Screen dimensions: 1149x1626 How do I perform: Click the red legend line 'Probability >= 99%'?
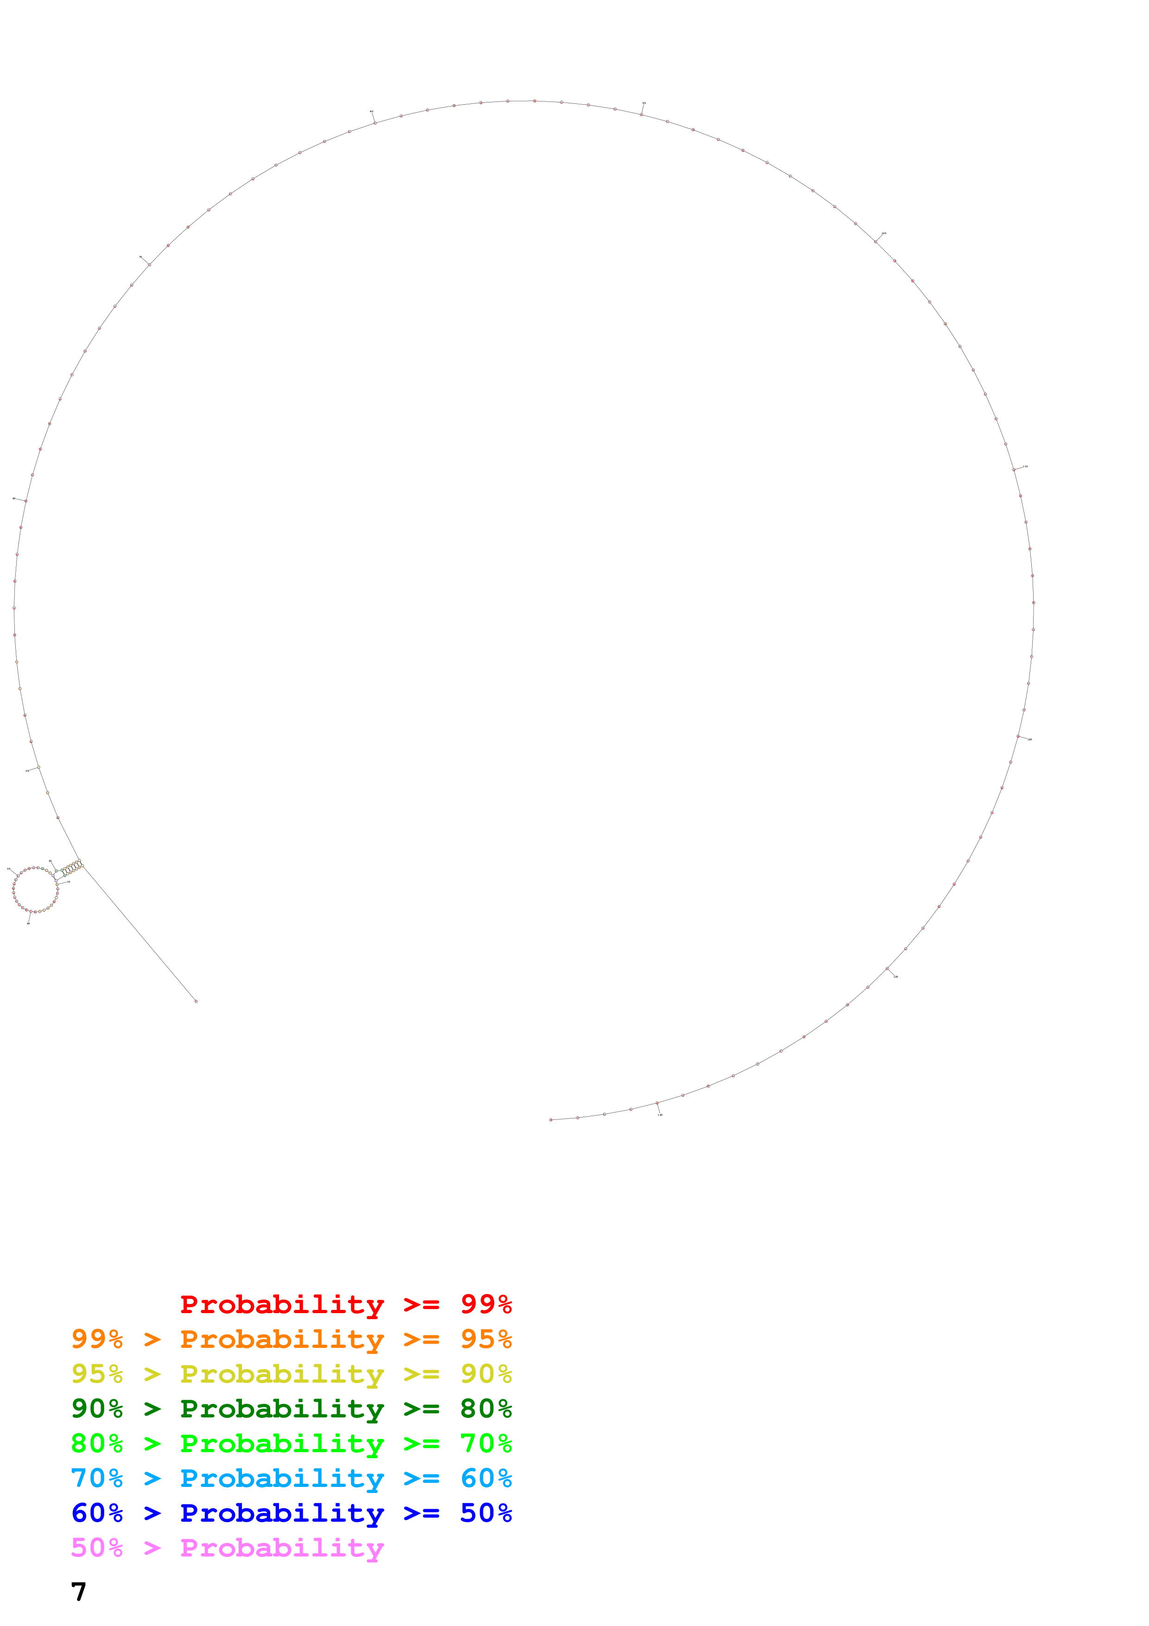click(345, 1304)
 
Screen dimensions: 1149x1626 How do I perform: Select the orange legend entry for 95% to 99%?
click(291, 1339)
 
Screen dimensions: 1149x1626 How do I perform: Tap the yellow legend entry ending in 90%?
click(291, 1374)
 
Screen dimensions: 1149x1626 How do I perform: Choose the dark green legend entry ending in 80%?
click(291, 1409)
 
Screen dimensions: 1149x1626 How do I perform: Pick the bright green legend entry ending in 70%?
click(291, 1443)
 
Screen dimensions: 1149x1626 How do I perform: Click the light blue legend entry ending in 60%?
click(291, 1478)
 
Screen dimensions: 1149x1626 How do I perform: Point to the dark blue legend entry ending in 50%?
click(291, 1513)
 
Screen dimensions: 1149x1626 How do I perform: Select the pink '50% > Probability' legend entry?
click(227, 1547)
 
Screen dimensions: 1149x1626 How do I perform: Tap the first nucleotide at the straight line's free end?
click(196, 1001)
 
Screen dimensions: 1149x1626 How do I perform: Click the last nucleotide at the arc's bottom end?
click(551, 1120)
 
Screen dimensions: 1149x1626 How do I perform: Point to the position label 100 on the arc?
click(883, 233)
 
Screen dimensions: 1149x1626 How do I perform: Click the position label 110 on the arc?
click(1026, 467)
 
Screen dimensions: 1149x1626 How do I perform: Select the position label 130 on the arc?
click(895, 977)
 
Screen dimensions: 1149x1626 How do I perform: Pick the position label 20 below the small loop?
click(28, 923)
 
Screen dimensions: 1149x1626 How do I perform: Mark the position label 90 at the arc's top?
click(643, 103)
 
